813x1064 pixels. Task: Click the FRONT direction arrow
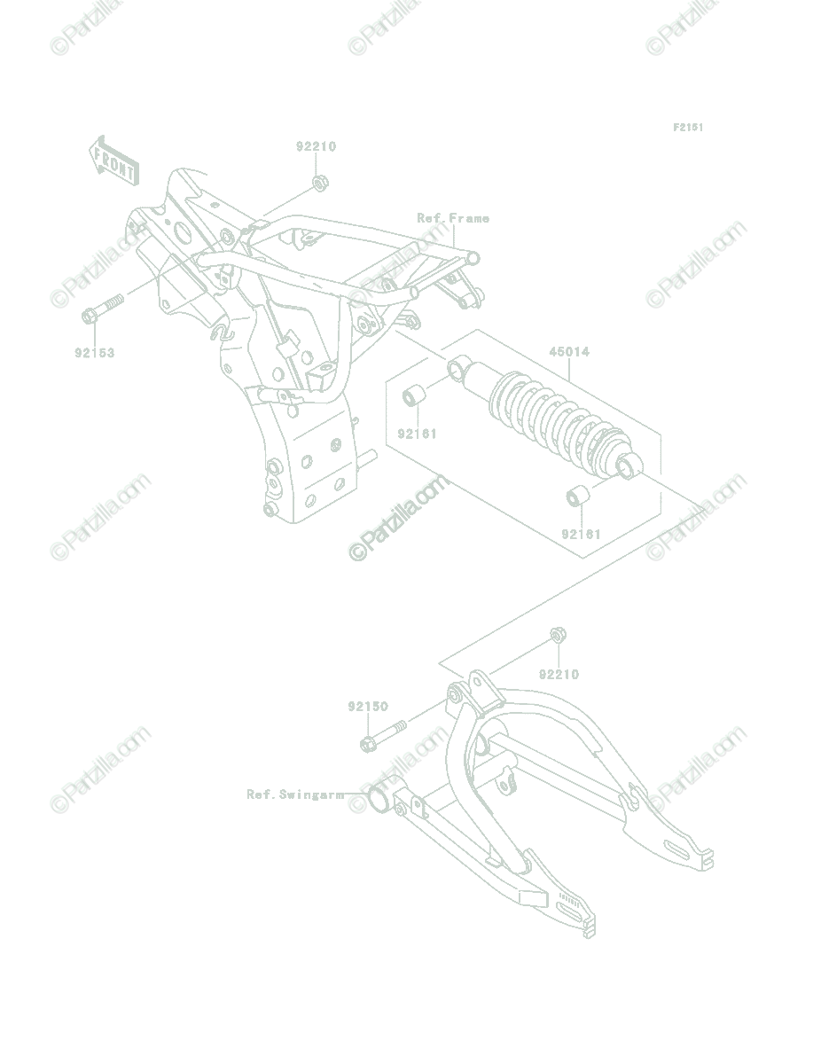coord(114,162)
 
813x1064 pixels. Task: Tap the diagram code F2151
coord(687,128)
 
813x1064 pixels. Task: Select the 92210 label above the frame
coord(316,146)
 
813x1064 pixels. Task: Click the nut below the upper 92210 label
coord(319,183)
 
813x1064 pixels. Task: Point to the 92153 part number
coord(95,352)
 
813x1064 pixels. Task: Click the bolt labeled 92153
coord(103,309)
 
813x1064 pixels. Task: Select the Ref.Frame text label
coord(453,219)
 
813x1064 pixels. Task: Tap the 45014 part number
coord(569,351)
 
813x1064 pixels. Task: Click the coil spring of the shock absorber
coord(557,418)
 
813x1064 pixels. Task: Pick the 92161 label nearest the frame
coord(418,434)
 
